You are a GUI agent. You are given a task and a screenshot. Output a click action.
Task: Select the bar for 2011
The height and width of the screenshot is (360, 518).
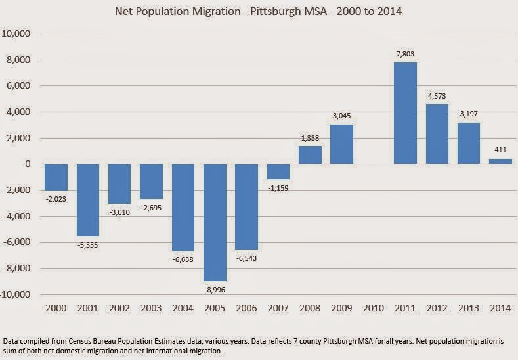405,113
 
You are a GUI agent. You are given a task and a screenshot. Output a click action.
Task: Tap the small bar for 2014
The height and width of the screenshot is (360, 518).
500,162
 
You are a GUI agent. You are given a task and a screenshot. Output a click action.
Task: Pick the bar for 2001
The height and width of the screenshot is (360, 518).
88,200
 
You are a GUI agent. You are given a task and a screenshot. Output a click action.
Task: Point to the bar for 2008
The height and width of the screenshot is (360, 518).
310,156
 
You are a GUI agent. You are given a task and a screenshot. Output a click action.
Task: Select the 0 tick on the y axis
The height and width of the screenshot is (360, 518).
29,164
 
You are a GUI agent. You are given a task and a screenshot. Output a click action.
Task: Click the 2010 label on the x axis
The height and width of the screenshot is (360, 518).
374,308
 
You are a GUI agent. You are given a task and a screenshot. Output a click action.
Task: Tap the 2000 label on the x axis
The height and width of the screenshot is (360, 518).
56,308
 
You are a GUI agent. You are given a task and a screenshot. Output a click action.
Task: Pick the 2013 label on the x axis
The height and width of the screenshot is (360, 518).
469,308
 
